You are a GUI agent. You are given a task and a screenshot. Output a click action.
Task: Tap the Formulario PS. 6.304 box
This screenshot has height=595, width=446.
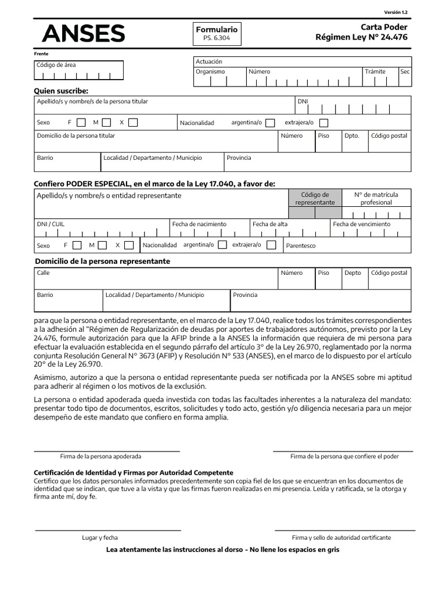point(216,34)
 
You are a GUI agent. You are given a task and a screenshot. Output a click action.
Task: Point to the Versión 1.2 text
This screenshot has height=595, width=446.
point(396,12)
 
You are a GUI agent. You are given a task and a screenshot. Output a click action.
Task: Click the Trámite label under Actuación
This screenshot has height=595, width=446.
point(375,71)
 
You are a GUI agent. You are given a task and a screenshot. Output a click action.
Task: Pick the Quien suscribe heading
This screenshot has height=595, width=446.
point(61,91)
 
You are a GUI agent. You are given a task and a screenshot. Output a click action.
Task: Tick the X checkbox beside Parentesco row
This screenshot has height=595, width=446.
point(129,245)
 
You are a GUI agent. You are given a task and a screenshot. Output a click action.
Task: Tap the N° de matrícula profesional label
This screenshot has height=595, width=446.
point(376,199)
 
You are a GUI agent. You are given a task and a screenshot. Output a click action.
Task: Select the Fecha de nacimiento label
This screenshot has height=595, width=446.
point(199,224)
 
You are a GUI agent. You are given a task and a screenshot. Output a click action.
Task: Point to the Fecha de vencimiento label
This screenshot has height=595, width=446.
point(362,224)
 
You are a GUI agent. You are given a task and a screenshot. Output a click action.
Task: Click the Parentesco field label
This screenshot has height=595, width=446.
point(301,246)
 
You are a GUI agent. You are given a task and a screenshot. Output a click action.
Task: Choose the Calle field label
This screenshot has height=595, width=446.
point(43,273)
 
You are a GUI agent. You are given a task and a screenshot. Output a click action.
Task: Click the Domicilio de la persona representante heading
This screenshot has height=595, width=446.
point(103,261)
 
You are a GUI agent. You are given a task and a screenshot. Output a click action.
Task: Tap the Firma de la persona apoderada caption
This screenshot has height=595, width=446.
point(100,457)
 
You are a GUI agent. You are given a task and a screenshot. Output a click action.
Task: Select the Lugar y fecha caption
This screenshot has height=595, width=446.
point(100,537)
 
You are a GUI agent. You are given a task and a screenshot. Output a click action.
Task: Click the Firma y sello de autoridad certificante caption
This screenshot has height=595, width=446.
point(341,537)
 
